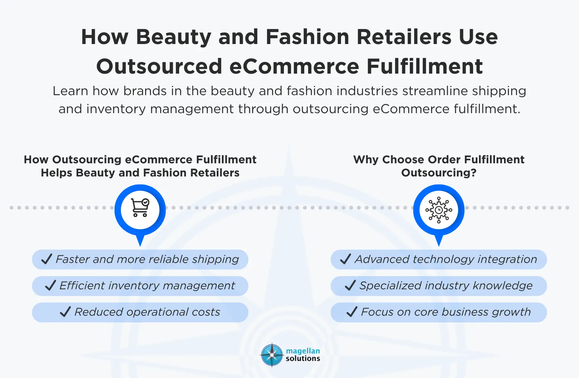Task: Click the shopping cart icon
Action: click(x=140, y=208)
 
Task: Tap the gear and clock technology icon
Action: click(x=439, y=210)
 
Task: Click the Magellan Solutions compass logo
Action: click(x=272, y=355)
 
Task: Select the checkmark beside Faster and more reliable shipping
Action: click(x=47, y=259)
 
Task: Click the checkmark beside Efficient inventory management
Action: click(x=51, y=285)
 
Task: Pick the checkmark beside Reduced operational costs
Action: click(x=65, y=311)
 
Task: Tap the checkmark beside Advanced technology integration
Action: click(x=345, y=259)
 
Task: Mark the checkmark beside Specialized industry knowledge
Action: click(x=350, y=285)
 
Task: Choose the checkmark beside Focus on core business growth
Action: click(x=352, y=311)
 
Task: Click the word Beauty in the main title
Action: click(x=173, y=37)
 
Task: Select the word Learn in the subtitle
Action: click(x=70, y=91)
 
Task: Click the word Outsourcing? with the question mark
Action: click(x=439, y=173)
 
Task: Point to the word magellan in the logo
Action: click(x=303, y=351)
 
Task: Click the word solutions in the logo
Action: click(x=303, y=358)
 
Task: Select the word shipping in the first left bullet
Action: click(x=216, y=259)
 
